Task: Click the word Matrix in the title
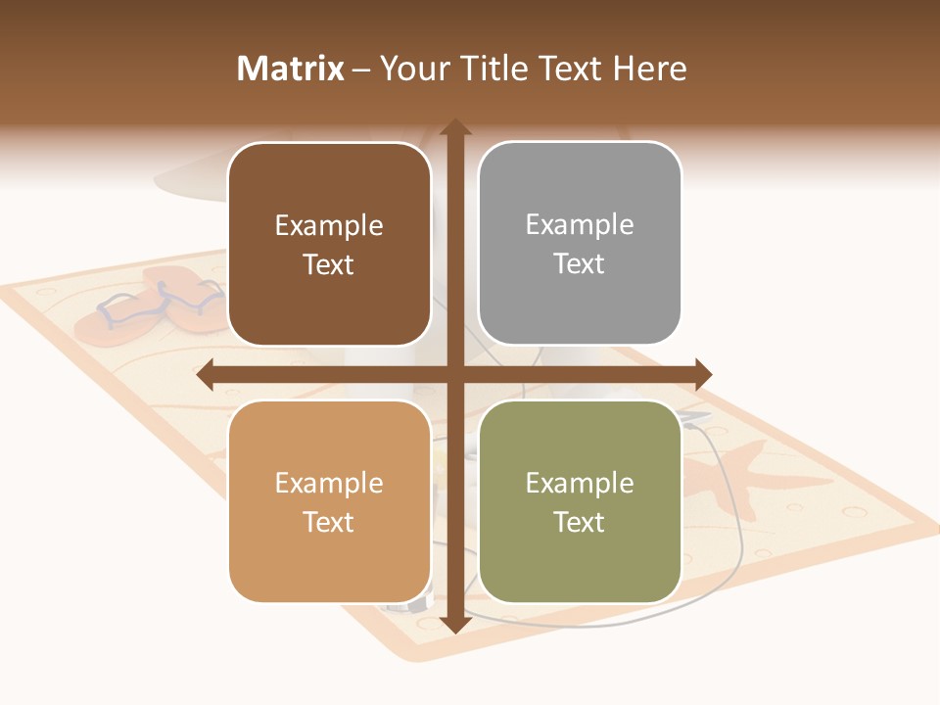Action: tap(291, 69)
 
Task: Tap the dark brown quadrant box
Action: tap(329, 245)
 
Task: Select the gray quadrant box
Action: tap(580, 244)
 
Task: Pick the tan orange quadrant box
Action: tap(329, 501)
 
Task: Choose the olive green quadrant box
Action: tap(580, 501)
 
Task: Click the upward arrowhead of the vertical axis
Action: tap(454, 128)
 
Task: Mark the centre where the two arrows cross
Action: tap(454, 374)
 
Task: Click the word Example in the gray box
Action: tap(580, 225)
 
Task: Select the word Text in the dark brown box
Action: tap(329, 265)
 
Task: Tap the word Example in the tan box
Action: tap(329, 483)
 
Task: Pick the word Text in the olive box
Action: tap(580, 522)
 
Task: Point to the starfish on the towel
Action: tap(725, 475)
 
